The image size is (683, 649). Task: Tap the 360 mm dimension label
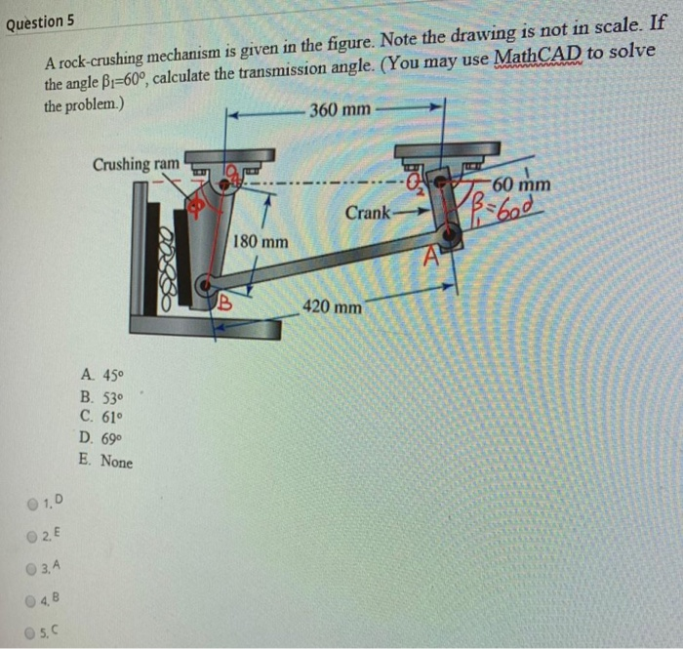coord(340,108)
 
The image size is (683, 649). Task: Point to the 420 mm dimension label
coord(333,307)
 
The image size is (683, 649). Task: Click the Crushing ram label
coord(136,164)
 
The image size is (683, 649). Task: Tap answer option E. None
coord(108,463)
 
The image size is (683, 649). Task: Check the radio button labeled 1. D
coord(35,504)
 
